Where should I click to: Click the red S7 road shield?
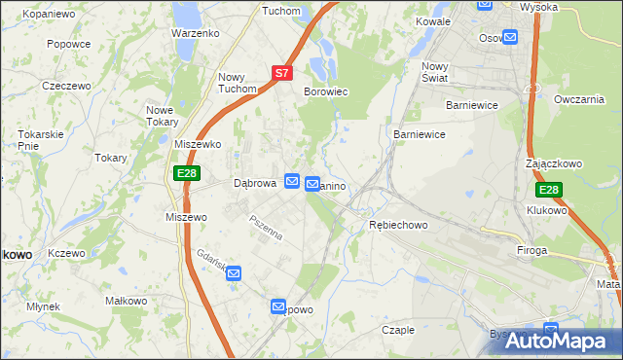(x=281, y=73)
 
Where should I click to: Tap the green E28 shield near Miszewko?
(x=188, y=173)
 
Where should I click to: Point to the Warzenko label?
(x=195, y=33)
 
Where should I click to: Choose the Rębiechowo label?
(x=398, y=225)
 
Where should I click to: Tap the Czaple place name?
(x=398, y=330)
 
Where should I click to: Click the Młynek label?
(x=44, y=306)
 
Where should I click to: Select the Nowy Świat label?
(x=434, y=73)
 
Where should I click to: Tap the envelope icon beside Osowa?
(x=510, y=38)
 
